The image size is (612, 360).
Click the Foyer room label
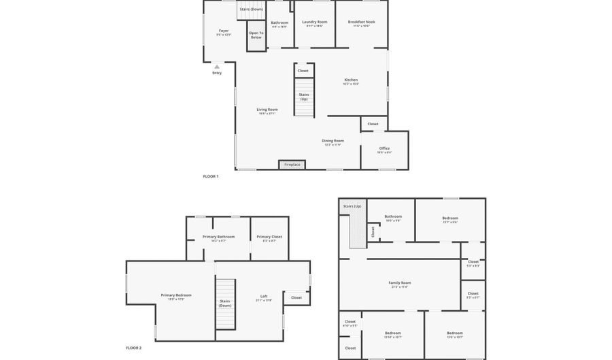tap(224, 31)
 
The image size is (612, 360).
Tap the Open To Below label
tap(256, 35)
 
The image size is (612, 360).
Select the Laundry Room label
tap(314, 22)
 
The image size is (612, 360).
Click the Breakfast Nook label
tap(361, 22)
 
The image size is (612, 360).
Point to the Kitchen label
tap(351, 80)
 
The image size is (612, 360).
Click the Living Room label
tap(267, 110)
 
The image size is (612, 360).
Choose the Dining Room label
tap(333, 142)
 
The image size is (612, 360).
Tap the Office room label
tap(384, 149)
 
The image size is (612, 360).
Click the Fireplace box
tap(292, 165)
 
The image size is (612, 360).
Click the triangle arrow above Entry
tap(217, 67)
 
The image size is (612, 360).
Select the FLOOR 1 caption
tap(211, 176)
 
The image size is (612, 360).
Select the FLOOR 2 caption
tap(134, 348)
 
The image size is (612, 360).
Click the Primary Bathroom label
tap(218, 238)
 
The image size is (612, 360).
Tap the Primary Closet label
tap(269, 238)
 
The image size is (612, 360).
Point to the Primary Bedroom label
tap(176, 296)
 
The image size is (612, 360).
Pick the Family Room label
tap(400, 284)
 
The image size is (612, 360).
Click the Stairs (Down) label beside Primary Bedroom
tap(225, 303)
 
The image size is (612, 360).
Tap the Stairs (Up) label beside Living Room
tap(304, 97)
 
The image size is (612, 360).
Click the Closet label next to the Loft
tap(296, 297)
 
